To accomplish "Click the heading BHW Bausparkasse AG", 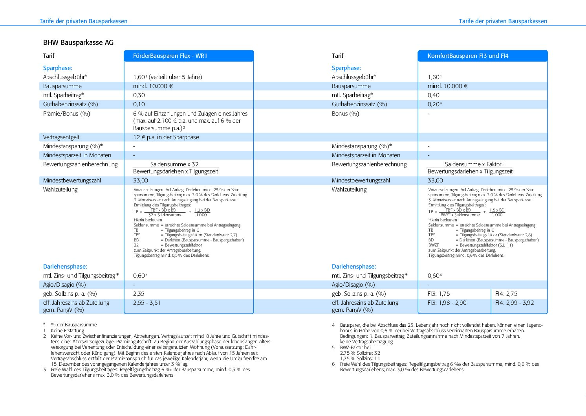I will [78, 42].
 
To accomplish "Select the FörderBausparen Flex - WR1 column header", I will [170, 56].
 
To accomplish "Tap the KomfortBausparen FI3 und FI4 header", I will [468, 56].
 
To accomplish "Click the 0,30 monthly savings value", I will [139, 95].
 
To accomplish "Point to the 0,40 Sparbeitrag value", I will [434, 95].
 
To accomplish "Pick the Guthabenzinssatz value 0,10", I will [139, 104].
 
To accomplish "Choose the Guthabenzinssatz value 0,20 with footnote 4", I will [434, 104].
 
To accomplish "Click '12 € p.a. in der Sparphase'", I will [166, 137].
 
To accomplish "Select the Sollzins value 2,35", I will [139, 294].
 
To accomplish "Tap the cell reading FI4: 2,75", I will [506, 294].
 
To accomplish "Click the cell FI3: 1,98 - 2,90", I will [447, 303].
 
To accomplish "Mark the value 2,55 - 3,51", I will [147, 303].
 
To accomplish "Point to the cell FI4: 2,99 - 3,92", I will [515, 303].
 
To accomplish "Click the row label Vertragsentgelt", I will [61, 137].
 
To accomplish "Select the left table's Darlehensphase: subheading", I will [65, 267].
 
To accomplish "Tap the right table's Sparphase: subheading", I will [346, 68].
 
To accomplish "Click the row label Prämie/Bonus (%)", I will [67, 114].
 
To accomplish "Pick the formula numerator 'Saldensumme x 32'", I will [174, 164].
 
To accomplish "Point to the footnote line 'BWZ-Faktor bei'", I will [355, 348].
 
